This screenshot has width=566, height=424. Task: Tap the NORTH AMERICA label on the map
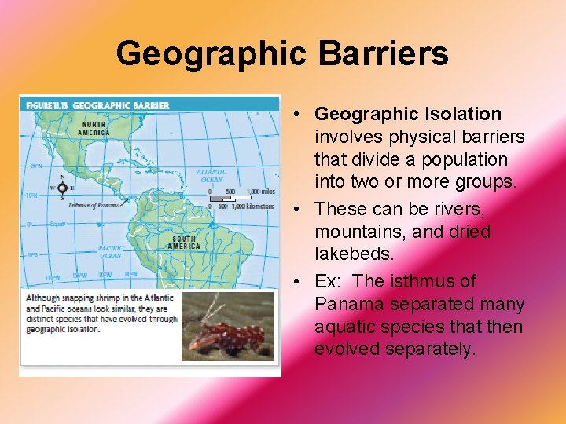click(94, 128)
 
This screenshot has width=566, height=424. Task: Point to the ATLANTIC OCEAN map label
click(211, 175)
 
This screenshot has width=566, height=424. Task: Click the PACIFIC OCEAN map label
click(110, 250)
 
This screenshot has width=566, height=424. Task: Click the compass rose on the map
click(61, 188)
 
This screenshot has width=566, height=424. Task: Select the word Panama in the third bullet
click(345, 304)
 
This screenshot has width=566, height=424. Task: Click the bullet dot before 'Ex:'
click(302, 282)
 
